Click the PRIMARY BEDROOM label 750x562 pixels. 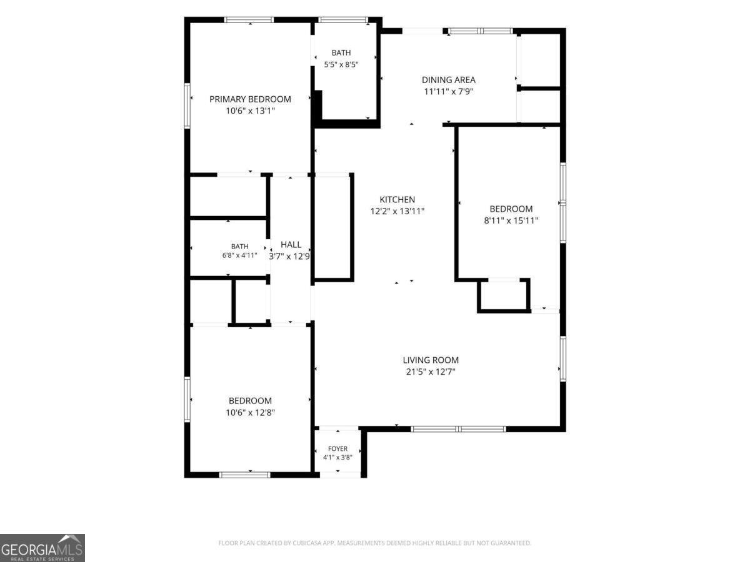pyautogui.click(x=250, y=99)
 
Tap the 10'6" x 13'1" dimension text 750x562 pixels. pyautogui.click(x=250, y=111)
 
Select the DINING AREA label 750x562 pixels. pyautogui.click(x=448, y=80)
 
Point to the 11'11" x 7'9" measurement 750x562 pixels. pyautogui.click(x=448, y=91)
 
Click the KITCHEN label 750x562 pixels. pyautogui.click(x=397, y=200)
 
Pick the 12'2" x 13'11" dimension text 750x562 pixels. pyautogui.click(x=397, y=211)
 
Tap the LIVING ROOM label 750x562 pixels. pyautogui.click(x=431, y=360)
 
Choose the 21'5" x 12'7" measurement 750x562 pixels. pyautogui.click(x=431, y=372)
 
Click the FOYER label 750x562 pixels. pyautogui.click(x=337, y=449)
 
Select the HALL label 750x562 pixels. pyautogui.click(x=291, y=245)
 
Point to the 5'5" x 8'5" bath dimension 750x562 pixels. pyautogui.click(x=341, y=64)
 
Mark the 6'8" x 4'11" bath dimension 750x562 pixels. pyautogui.click(x=239, y=255)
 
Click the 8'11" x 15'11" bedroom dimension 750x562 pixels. pyautogui.click(x=511, y=220)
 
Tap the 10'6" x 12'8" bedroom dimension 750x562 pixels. pyautogui.click(x=250, y=413)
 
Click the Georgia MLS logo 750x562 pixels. pyautogui.click(x=42, y=548)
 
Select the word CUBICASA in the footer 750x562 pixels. pyautogui.click(x=307, y=543)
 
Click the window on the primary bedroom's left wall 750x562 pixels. pyautogui.click(x=187, y=106)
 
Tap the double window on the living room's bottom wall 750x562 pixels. pyautogui.click(x=458, y=429)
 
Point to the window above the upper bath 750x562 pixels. pyautogui.click(x=343, y=20)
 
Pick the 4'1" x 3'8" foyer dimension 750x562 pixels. pyautogui.click(x=337, y=458)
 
